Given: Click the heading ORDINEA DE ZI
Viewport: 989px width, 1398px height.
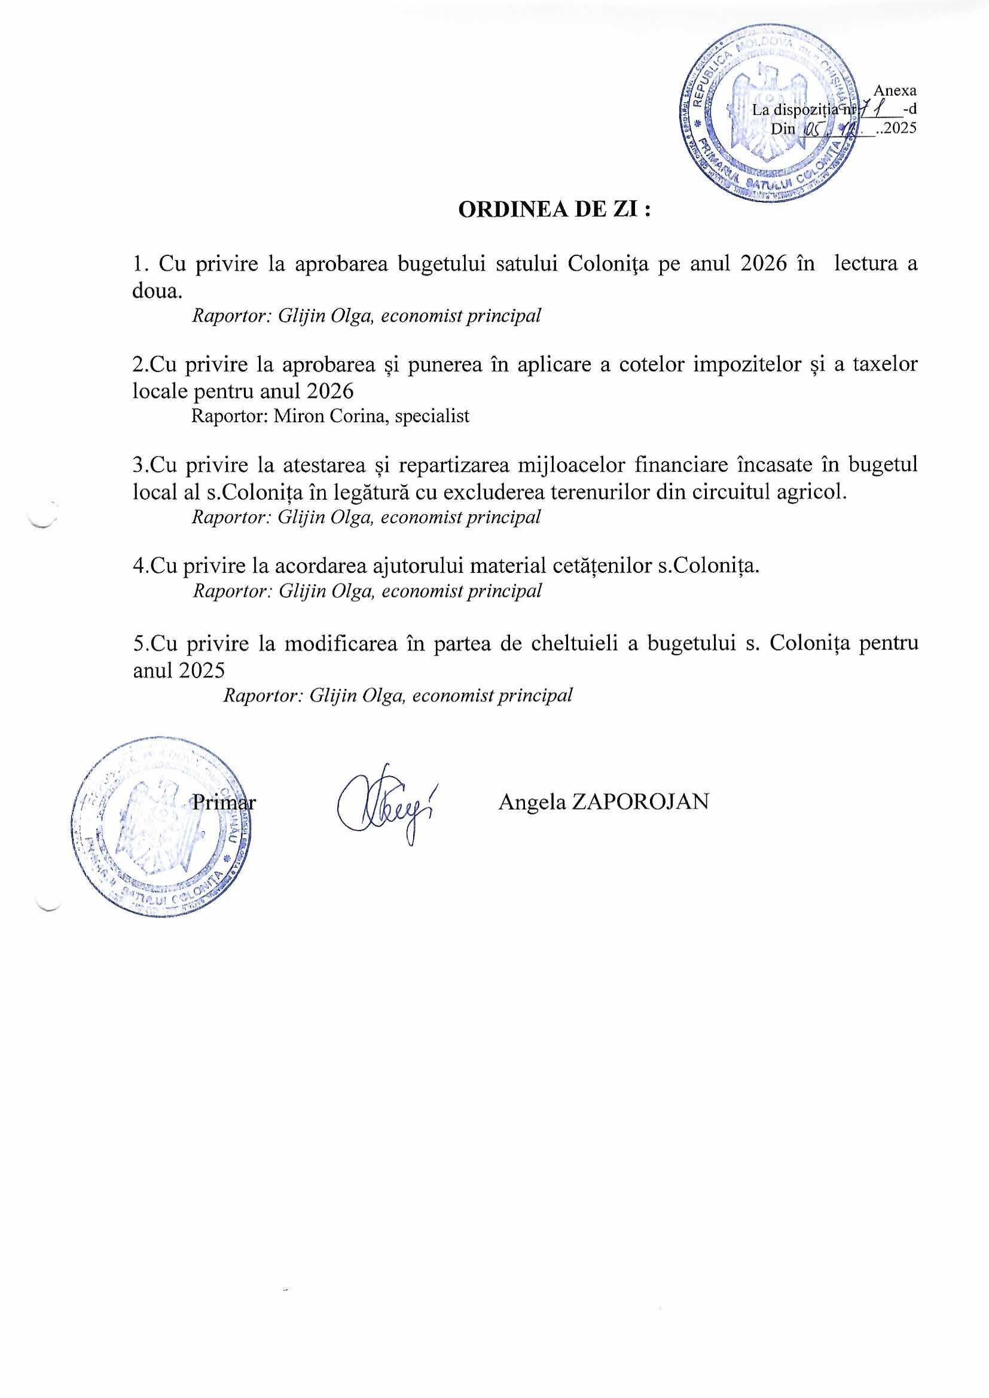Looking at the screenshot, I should click(554, 209).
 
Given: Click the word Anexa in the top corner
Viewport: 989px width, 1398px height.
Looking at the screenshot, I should click(895, 90).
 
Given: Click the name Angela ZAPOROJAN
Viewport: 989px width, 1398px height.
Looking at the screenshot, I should click(603, 801).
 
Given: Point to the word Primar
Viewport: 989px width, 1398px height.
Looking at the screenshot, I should click(224, 802).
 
